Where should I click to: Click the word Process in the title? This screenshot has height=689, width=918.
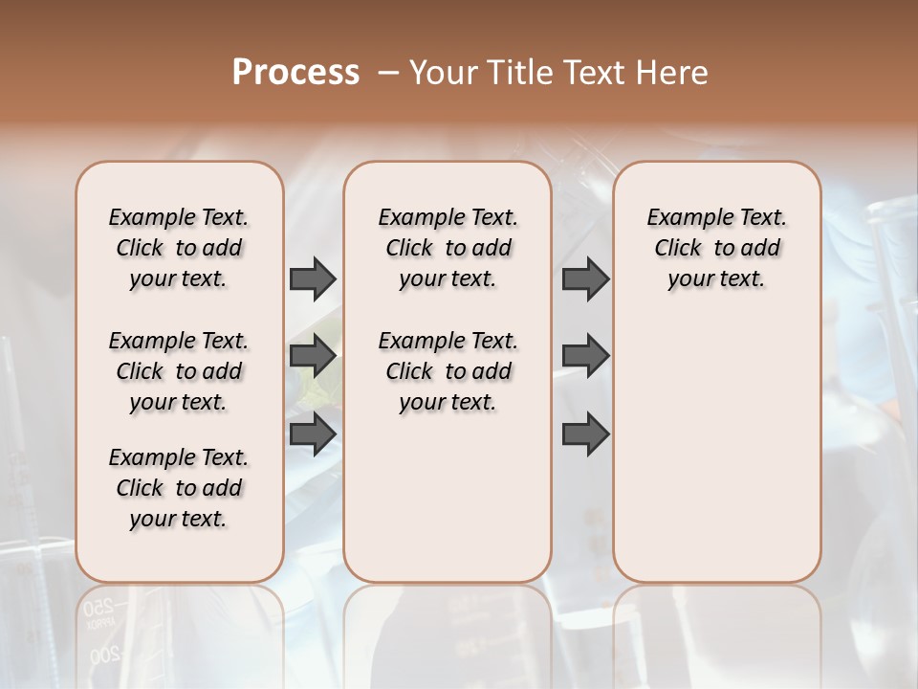pyautogui.click(x=295, y=73)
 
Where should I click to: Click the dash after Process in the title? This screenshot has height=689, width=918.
pyautogui.click(x=388, y=73)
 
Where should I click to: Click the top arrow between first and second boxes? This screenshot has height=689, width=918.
pyautogui.click(x=313, y=278)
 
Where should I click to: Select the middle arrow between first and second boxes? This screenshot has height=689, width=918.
pyautogui.click(x=313, y=356)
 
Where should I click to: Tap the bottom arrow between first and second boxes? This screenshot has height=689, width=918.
pyautogui.click(x=313, y=433)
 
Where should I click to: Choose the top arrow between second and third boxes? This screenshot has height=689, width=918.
pyautogui.click(x=585, y=278)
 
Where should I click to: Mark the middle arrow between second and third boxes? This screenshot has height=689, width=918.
pyautogui.click(x=585, y=356)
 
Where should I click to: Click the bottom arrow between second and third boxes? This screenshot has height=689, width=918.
pyautogui.click(x=585, y=433)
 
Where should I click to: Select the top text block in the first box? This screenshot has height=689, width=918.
pyautogui.click(x=179, y=248)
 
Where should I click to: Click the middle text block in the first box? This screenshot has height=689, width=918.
pyautogui.click(x=179, y=371)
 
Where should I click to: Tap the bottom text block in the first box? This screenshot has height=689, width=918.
pyautogui.click(x=179, y=488)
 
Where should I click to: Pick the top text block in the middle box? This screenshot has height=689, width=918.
pyautogui.click(x=448, y=248)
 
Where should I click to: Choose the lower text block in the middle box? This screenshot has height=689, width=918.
pyautogui.click(x=448, y=371)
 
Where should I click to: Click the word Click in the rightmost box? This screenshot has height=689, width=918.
pyautogui.click(x=678, y=249)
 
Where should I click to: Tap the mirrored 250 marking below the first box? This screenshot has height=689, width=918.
pyautogui.click(x=98, y=607)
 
